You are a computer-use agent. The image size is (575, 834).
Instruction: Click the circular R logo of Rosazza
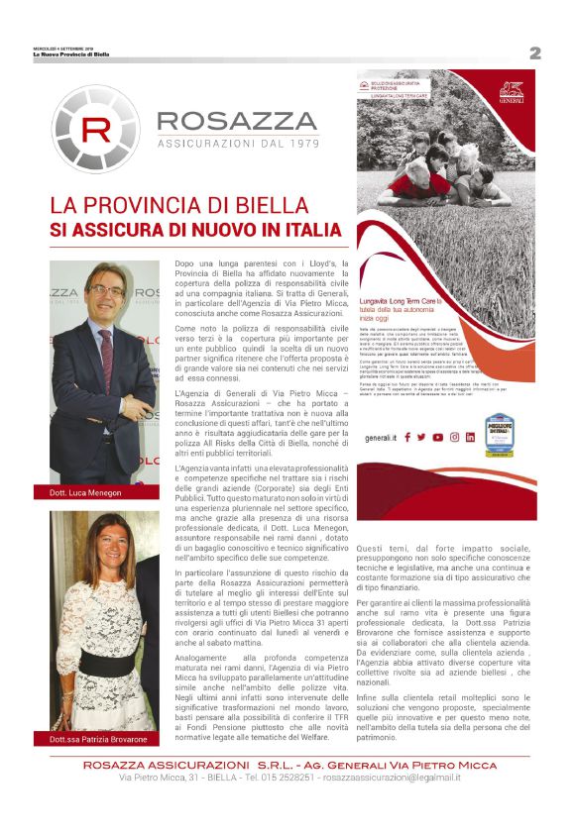coord(96,130)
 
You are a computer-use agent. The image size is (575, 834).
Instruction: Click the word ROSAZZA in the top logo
coord(236,121)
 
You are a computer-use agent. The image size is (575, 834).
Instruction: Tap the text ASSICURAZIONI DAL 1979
coord(236,144)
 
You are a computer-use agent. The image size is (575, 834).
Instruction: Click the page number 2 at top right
coord(534,53)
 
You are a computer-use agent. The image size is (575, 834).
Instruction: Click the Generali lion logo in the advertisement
coord(512,92)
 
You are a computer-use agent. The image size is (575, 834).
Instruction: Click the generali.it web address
coord(381,437)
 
